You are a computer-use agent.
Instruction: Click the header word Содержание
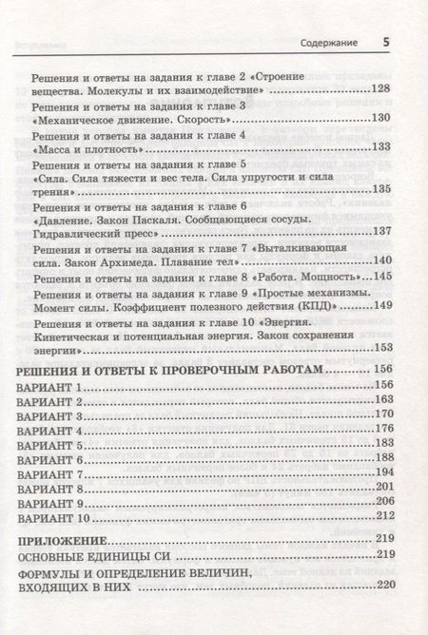pyautogui.click(x=328, y=45)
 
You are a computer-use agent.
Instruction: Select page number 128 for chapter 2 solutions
pyautogui.click(x=380, y=89)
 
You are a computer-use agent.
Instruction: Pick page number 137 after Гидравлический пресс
pyautogui.click(x=380, y=232)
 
